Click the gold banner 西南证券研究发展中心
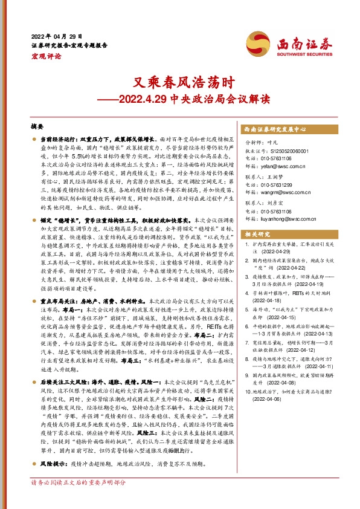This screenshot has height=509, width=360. (x=277, y=129)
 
